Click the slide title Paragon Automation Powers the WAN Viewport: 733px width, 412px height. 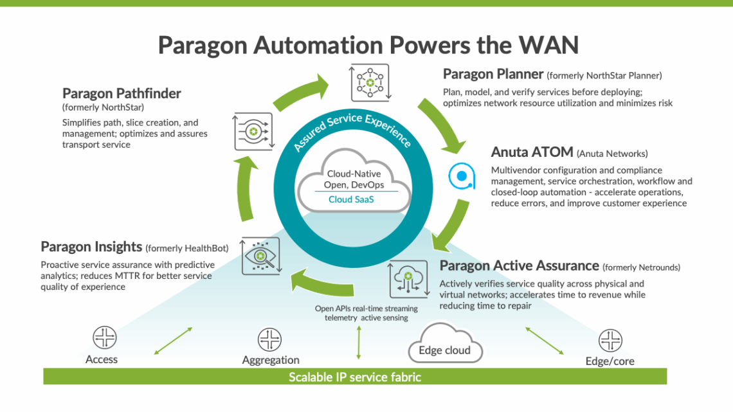pyautogui.click(x=368, y=46)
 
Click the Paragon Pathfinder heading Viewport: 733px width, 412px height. pyautogui.click(x=122, y=94)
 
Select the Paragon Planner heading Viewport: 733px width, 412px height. pyautogui.click(x=494, y=75)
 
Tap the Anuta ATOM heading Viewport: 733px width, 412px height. pyautogui.click(x=532, y=153)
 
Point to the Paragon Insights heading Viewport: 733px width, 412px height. pyautogui.click(x=91, y=247)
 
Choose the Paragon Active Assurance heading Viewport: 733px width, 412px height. pyautogui.click(x=519, y=265)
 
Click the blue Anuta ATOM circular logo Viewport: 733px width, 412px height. pyautogui.click(x=462, y=175)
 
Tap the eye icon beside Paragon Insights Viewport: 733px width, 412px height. pyautogui.click(x=260, y=256)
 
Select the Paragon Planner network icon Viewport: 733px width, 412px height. pyautogui.click(x=370, y=82)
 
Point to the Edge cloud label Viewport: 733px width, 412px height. pyautogui.click(x=444, y=350)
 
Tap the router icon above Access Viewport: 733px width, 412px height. pyautogui.click(x=104, y=337)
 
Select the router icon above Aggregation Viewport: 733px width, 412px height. pyautogui.click(x=269, y=339)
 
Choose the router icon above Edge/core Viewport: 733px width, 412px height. pyautogui.click(x=610, y=341)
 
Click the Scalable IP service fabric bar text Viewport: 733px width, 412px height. pyautogui.click(x=354, y=377)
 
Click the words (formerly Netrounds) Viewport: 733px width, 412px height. pyautogui.click(x=642, y=267)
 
